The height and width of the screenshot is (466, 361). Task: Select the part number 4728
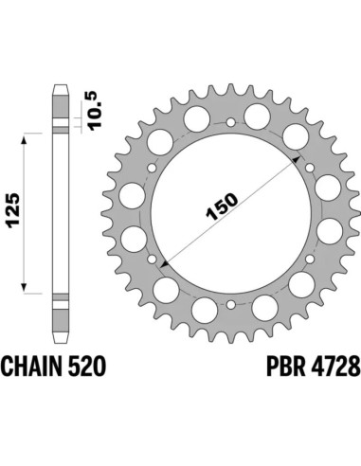[310, 365]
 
